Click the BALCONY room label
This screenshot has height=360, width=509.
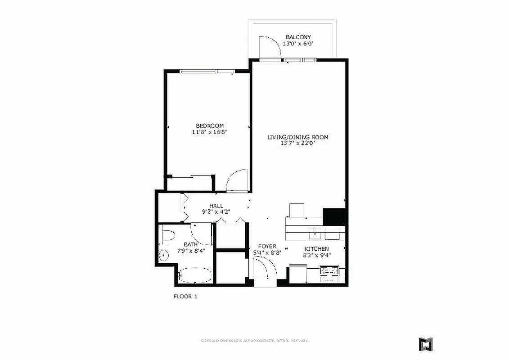298,37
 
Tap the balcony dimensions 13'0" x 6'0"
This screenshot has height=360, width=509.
298,44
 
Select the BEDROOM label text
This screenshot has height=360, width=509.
209,126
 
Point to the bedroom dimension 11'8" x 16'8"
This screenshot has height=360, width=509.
209,132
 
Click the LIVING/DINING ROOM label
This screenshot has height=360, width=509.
297,137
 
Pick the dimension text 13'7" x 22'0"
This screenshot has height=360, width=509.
297,144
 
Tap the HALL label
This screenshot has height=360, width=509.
216,206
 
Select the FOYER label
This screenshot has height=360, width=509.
267,247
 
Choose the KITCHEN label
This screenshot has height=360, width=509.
316,249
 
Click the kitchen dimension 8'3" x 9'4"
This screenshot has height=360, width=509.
316,255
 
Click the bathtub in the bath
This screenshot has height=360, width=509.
194,275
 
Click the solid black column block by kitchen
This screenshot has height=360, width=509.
334,216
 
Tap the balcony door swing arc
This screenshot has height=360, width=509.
272,46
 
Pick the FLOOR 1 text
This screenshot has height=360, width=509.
185,297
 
